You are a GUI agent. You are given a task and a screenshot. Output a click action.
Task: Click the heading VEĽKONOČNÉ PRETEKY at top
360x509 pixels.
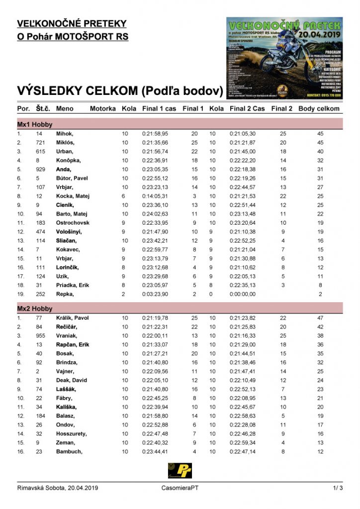[x=72, y=23]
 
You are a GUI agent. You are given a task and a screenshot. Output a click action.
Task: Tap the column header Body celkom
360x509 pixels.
[x=319, y=108]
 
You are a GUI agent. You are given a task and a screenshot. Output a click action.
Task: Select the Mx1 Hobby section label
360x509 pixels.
[x=35, y=125]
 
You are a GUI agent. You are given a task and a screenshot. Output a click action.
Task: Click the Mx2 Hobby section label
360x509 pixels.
[x=35, y=309]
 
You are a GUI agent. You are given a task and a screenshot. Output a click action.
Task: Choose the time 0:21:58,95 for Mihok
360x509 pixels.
[x=155, y=134]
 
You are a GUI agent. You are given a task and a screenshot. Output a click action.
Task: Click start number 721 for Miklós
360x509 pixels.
[x=41, y=143]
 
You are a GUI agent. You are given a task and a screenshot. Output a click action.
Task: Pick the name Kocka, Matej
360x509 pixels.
[x=73, y=196]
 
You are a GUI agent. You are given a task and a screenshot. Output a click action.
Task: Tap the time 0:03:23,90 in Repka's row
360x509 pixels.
[x=155, y=294]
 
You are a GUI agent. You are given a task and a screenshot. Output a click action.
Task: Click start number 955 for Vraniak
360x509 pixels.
[x=41, y=336]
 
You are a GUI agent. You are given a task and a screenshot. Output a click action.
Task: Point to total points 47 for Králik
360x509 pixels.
[x=321, y=318]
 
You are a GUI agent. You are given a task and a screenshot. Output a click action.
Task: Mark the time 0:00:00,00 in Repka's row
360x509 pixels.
[x=243, y=294]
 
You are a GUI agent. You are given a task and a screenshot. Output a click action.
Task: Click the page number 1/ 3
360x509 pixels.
[x=338, y=488]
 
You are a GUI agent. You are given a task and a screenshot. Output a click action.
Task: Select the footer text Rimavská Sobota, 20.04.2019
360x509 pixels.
[x=58, y=488]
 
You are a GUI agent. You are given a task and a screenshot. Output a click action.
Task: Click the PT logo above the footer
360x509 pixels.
[x=180, y=470]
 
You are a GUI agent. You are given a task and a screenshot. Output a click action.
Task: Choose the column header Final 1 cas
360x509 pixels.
[x=159, y=108]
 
